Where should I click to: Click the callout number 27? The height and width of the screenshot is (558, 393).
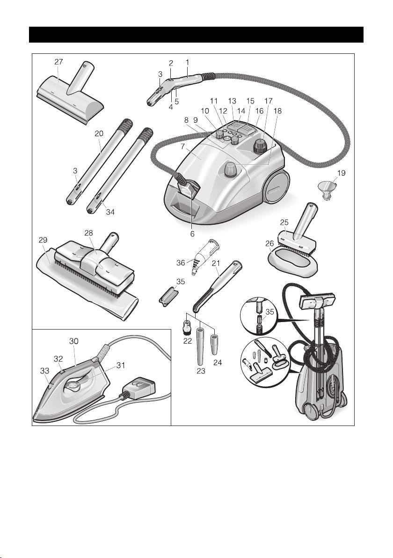tap(59, 61)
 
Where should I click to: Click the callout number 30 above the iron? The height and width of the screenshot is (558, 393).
tap(74, 341)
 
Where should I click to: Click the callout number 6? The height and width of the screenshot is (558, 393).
tap(192, 233)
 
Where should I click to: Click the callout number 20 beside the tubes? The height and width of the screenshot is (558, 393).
tap(98, 133)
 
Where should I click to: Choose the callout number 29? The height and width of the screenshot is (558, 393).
tap(43, 239)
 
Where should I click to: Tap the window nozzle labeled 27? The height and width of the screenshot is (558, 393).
tap(70, 96)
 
